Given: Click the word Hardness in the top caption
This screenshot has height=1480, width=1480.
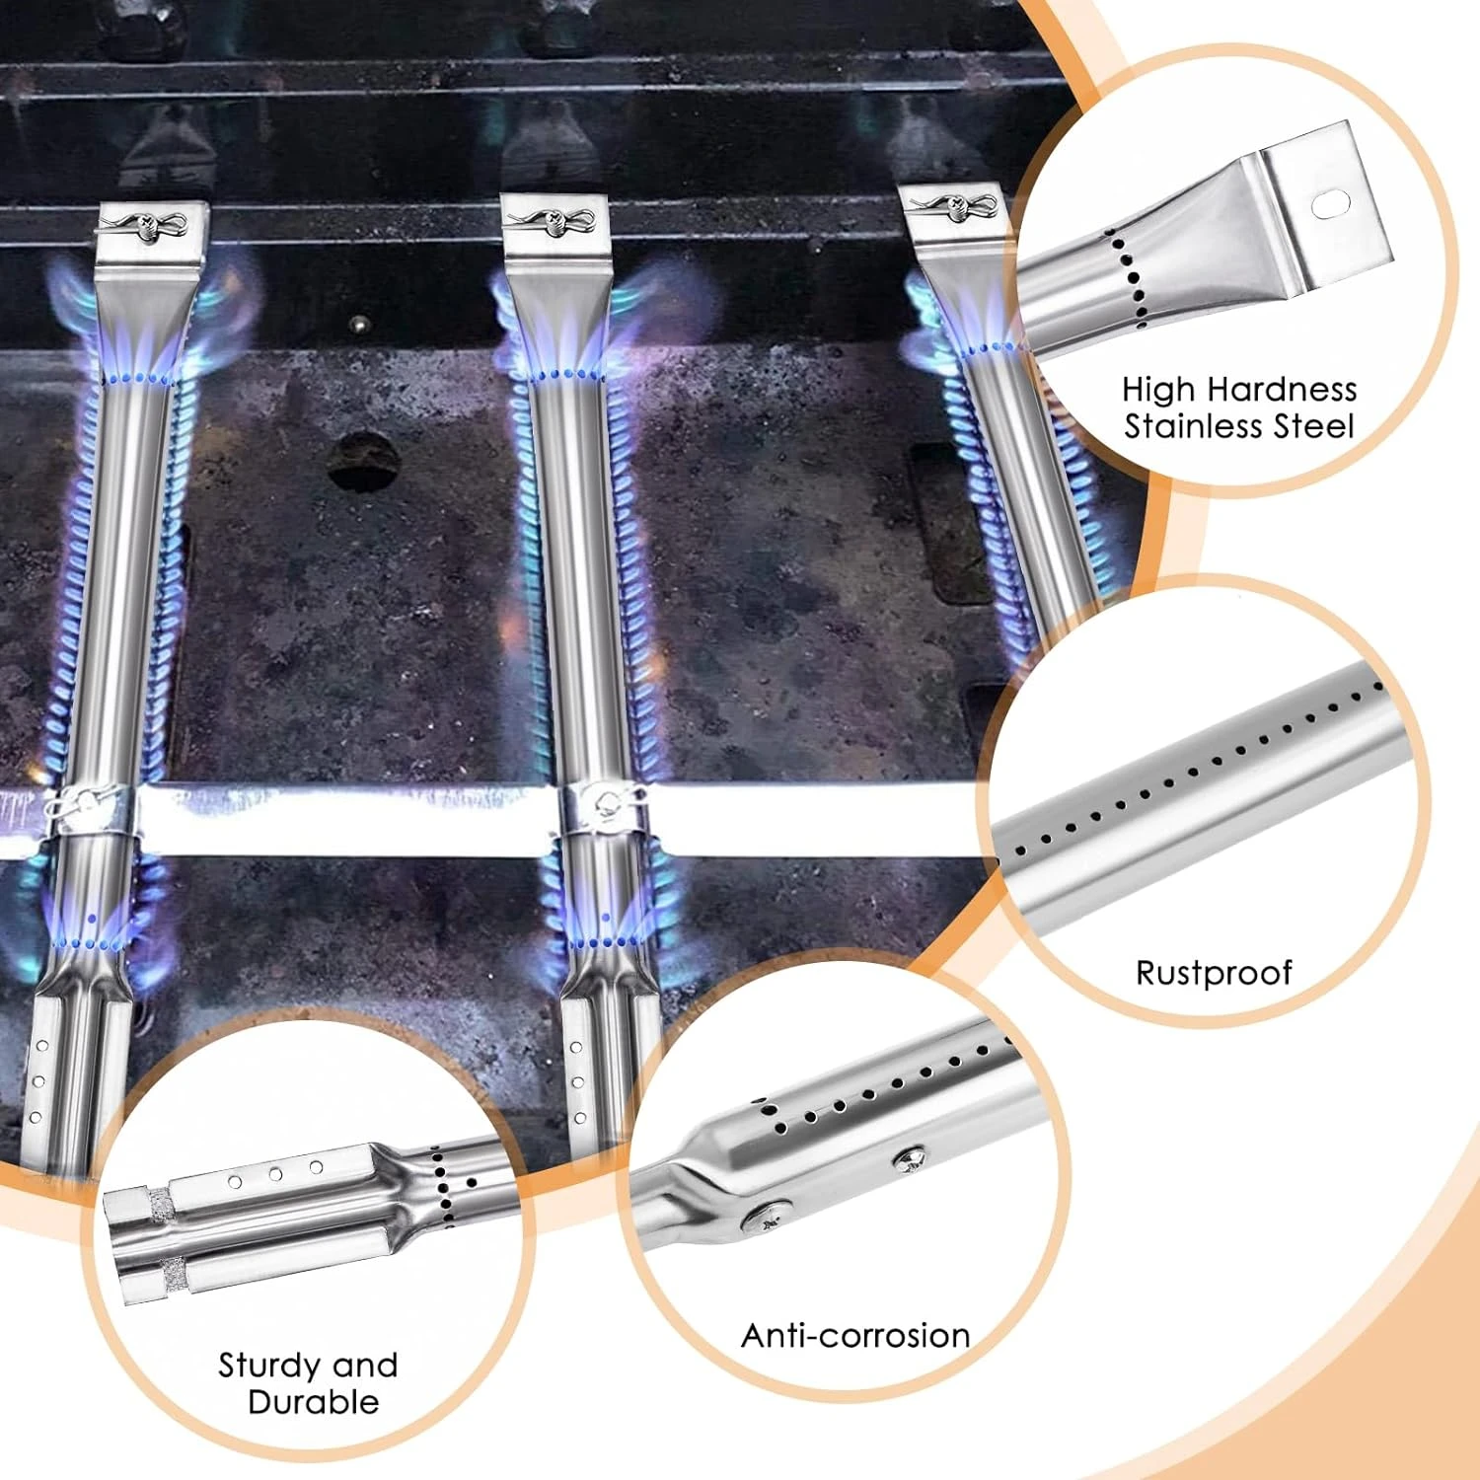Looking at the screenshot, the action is tap(1282, 389).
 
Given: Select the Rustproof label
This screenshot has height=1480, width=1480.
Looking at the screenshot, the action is tap(1214, 973).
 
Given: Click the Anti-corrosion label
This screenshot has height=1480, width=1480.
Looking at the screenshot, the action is tap(855, 1335).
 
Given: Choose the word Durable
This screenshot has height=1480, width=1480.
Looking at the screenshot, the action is tap(314, 1402).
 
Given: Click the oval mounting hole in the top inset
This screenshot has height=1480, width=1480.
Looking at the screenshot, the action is tap(1329, 204).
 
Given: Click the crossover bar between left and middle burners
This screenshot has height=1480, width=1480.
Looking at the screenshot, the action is tap(345, 819).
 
